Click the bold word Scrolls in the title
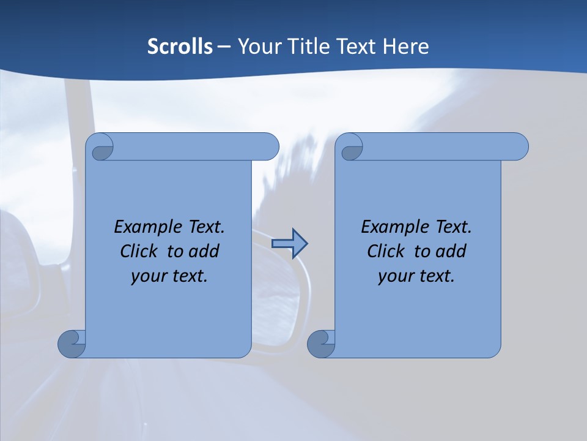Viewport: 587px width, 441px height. pyautogui.click(x=180, y=47)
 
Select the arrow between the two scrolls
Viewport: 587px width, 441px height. pyautogui.click(x=289, y=244)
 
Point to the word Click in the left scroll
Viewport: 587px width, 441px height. pyautogui.click(x=140, y=251)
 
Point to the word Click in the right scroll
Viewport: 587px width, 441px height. pyautogui.click(x=387, y=251)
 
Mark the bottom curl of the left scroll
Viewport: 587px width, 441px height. pyautogui.click(x=72, y=343)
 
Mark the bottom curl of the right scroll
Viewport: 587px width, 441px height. pyautogui.click(x=321, y=343)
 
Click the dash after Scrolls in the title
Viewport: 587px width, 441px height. pyautogui.click(x=224, y=47)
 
